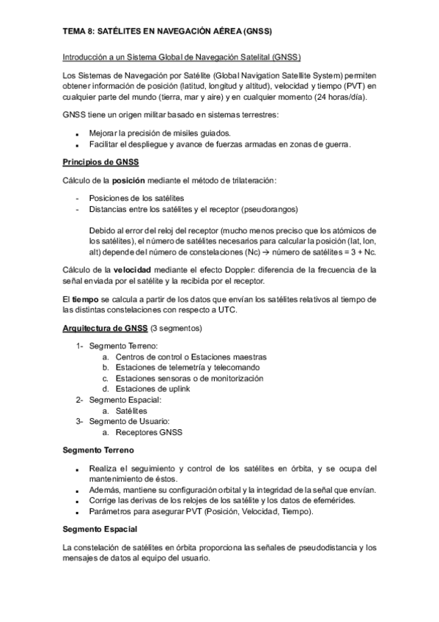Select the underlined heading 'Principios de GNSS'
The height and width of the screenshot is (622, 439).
click(x=101, y=161)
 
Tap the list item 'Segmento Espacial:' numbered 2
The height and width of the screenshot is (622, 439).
click(x=125, y=400)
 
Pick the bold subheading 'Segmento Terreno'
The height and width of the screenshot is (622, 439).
click(x=98, y=450)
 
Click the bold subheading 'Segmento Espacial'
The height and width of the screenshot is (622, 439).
click(x=100, y=529)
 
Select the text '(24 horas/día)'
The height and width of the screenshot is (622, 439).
click(x=340, y=98)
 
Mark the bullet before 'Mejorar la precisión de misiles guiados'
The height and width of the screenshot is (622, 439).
click(x=77, y=133)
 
